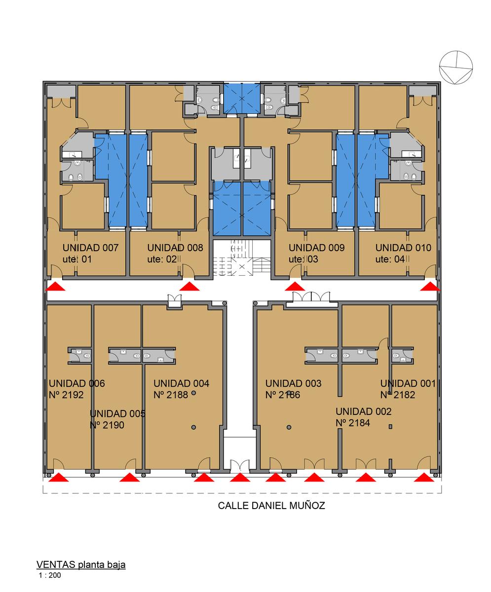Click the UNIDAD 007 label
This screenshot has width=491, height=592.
[x=90, y=248]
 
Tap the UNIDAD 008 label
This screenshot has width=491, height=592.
[x=175, y=248]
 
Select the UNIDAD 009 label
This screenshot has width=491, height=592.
[x=316, y=248]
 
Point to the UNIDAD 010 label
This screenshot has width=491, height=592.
[x=403, y=248]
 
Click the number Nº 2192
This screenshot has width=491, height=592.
[x=66, y=395]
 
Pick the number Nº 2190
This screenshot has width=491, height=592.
[x=107, y=425]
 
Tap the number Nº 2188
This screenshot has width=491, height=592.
[x=171, y=395]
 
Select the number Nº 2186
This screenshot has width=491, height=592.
[x=283, y=395]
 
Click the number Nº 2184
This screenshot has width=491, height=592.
[x=353, y=423]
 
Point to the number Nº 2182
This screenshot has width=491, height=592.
[x=398, y=395]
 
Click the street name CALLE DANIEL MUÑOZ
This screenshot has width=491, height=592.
[x=271, y=506]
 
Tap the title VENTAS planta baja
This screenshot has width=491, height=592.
[x=81, y=564]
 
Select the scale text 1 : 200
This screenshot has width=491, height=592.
[x=50, y=575]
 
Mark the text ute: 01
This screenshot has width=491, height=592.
[x=77, y=259]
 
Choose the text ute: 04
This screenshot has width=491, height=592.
[x=390, y=259]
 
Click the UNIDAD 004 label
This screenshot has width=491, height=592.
[x=181, y=383]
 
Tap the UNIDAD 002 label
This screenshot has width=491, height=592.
[x=363, y=411]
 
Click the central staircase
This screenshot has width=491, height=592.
[x=242, y=258]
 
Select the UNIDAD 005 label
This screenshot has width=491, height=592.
[x=117, y=414]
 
